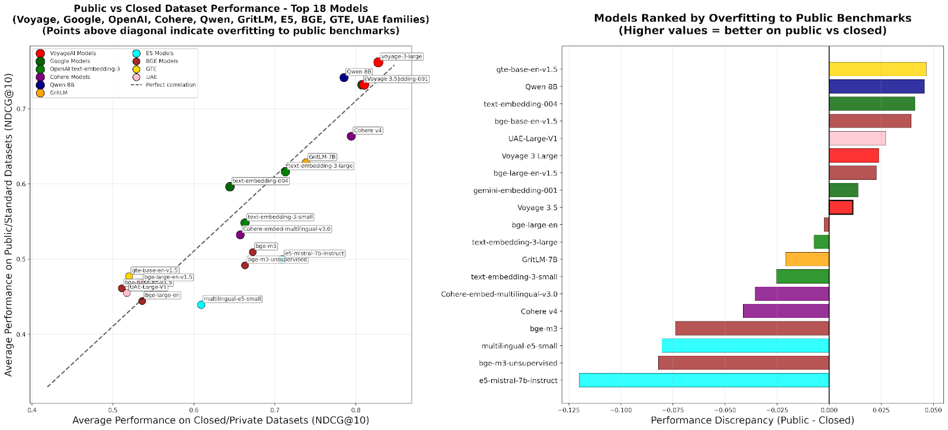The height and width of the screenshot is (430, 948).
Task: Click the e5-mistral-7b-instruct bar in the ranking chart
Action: [x=704, y=380]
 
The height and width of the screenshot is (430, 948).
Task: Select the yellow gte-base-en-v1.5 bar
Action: [x=877, y=69]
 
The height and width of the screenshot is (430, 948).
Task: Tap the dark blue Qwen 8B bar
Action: [x=876, y=87]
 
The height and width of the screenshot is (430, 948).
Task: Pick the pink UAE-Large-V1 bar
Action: [x=857, y=138]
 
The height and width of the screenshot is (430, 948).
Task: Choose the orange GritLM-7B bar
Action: [x=807, y=259]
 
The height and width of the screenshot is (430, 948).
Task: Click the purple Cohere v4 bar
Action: [x=786, y=311]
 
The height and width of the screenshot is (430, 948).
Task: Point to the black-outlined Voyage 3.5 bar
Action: [x=841, y=208]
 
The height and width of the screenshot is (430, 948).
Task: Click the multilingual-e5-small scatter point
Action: [x=201, y=305]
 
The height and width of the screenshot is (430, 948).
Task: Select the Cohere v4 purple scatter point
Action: [x=351, y=136]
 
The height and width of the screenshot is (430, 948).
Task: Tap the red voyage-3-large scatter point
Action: [x=378, y=62]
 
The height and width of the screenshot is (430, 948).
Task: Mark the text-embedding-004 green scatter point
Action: [x=230, y=187]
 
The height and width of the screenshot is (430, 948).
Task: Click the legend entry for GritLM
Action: [x=58, y=93]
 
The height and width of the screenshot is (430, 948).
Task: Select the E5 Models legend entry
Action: [x=159, y=53]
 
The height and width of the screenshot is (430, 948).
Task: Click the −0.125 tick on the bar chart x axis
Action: [x=569, y=410]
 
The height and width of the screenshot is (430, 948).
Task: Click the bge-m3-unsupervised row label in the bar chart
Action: [x=518, y=363]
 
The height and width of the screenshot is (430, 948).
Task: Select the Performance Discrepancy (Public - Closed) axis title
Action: [x=752, y=421]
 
